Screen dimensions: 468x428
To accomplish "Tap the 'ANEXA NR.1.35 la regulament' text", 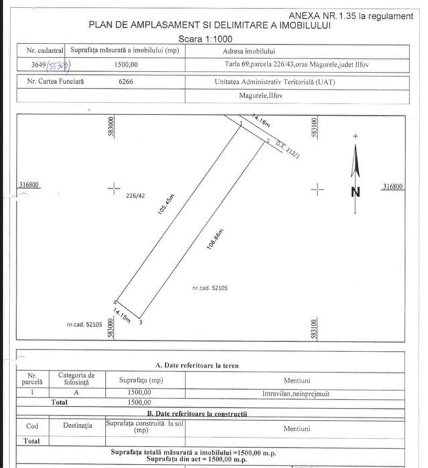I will [351, 15].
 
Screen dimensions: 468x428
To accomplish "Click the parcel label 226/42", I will [135, 196].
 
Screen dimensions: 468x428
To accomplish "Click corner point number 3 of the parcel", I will [140, 322].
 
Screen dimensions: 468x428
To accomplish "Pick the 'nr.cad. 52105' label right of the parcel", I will [210, 289].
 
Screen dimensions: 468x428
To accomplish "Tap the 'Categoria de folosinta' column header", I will [76, 380].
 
